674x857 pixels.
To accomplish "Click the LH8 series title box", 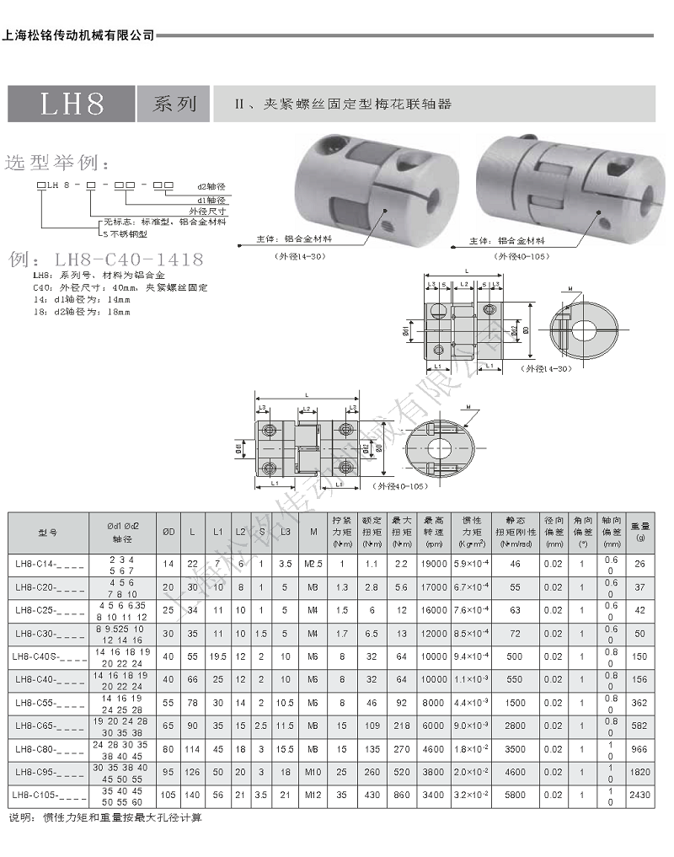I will [72, 104].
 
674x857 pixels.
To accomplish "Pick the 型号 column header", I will [49, 533].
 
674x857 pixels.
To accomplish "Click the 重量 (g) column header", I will [640, 533].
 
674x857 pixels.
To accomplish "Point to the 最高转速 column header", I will [434, 533].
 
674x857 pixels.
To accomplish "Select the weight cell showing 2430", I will [640, 794].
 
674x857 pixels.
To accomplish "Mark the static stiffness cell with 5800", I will [516, 794].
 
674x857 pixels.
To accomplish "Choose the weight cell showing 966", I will [640, 748].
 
